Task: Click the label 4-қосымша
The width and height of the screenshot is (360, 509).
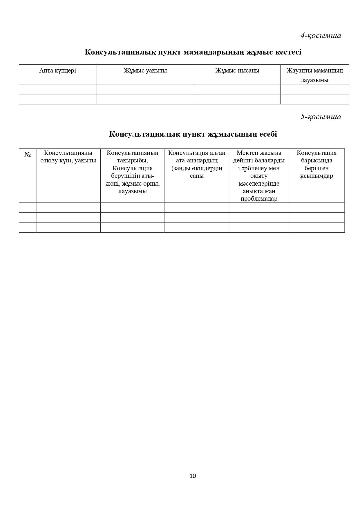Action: coord(321,36)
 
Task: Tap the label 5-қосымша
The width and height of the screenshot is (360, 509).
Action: coord(321,117)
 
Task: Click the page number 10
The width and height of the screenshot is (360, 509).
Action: coord(193,476)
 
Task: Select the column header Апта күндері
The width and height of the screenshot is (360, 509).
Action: coord(57,70)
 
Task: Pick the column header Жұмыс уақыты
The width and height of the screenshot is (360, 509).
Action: coord(145,70)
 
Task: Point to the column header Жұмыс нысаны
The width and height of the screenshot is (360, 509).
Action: coord(237,70)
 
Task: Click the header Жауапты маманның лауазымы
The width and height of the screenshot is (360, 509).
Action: coord(314,75)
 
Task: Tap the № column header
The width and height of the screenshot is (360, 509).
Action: coord(28,154)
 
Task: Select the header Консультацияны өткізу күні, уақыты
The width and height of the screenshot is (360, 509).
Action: coord(68,157)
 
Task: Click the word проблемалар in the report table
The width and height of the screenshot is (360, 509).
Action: coord(259,199)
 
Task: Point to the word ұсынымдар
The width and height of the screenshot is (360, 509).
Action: coord(316,176)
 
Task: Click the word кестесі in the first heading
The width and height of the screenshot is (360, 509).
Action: coord(288,52)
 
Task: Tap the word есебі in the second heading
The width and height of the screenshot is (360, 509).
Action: coord(268,134)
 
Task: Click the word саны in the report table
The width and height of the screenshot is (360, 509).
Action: coord(197,176)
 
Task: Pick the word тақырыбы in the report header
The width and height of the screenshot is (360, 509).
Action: coord(133,160)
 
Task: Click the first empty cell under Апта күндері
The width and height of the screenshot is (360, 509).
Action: coord(57,89)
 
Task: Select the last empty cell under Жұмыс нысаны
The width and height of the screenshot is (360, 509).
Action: coord(237,99)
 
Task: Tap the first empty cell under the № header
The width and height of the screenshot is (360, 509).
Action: coord(28,207)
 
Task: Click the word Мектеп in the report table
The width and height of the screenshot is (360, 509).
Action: coord(247,153)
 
